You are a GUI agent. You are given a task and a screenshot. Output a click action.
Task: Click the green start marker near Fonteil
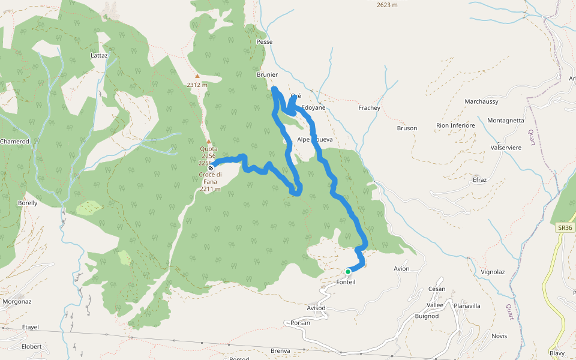pos(348,272)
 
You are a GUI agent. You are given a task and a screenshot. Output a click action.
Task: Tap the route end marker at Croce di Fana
pos(211,169)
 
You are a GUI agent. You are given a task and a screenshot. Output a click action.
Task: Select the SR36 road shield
pos(564,228)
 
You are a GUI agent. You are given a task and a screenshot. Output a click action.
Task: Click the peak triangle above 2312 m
pos(197,76)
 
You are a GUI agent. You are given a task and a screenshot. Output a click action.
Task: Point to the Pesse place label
pos(264,42)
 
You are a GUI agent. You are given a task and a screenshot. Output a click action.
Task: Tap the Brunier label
pos(267,75)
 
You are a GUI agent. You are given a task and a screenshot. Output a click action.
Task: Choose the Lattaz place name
pos(99,55)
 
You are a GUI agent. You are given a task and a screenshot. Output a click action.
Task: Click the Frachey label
pos(369,108)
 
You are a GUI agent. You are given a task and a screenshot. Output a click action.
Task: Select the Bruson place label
pos(407,128)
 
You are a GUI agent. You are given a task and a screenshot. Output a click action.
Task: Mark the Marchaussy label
pos(481,101)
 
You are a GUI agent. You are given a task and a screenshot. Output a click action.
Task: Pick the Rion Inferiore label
pos(455,125)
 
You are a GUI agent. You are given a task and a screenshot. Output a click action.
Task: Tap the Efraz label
pos(479,179)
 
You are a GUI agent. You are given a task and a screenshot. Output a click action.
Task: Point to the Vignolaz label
pos(493,272)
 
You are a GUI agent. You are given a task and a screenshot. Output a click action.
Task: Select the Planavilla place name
pos(467,305)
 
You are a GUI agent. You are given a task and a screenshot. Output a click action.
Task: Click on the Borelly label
pos(28,203)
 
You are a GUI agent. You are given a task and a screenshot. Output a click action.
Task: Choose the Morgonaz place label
pos(16,301)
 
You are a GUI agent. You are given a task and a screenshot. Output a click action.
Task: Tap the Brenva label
pos(280,351)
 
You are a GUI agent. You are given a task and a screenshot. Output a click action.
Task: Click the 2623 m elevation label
pos(387,5)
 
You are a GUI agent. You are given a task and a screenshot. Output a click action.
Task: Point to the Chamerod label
pos(14,141)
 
